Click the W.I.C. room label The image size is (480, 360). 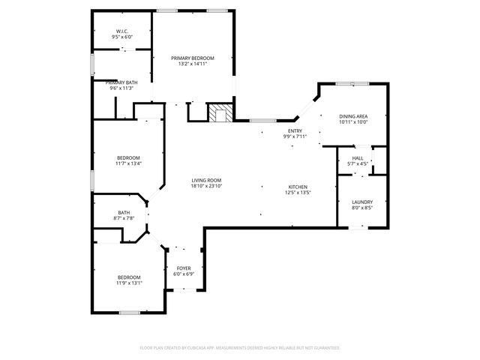121,31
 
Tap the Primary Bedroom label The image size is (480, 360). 193,58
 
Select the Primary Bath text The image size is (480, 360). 121,82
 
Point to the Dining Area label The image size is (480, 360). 352,116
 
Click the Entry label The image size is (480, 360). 295,130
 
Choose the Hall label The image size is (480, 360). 358,157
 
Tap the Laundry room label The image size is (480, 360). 362,202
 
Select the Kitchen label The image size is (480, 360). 298,187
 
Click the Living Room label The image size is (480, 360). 206,180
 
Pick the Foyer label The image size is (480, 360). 184,268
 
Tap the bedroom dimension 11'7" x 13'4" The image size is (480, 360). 128,163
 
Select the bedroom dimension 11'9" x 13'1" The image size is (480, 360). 128,283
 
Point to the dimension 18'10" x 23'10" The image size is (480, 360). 206,186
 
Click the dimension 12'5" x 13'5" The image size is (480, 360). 298,193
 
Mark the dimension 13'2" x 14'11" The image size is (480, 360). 193,64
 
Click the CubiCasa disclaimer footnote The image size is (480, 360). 240,348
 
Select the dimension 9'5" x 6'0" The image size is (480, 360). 121,36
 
